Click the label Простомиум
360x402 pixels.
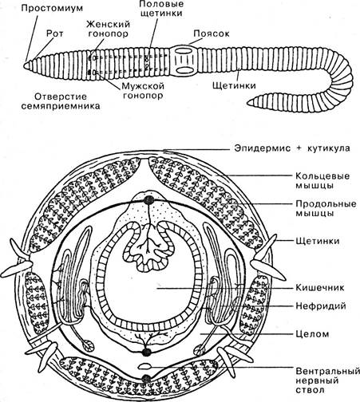tap(52, 8)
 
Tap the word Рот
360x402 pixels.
tap(55, 33)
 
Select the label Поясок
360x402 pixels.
tap(212, 33)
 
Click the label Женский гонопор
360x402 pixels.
tap(109, 29)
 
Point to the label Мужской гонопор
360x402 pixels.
tap(143, 91)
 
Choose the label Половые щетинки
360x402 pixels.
tap(161, 9)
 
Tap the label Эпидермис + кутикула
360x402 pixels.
tap(292, 148)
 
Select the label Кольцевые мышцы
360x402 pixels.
tap(322, 180)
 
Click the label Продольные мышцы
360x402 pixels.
tap(326, 209)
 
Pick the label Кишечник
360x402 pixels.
tap(320, 287)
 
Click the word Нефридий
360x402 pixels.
tap(321, 306)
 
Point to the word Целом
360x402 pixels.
tap(312, 334)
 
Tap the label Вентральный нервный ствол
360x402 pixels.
tap(327, 380)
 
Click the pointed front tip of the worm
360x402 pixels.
tap(24, 65)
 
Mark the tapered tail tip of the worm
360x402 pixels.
tap(247, 103)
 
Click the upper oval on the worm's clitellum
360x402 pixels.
tap(184, 51)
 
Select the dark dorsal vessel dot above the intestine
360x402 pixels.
tap(149, 200)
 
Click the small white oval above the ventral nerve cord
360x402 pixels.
tap(144, 366)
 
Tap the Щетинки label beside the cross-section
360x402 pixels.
tap(318, 241)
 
